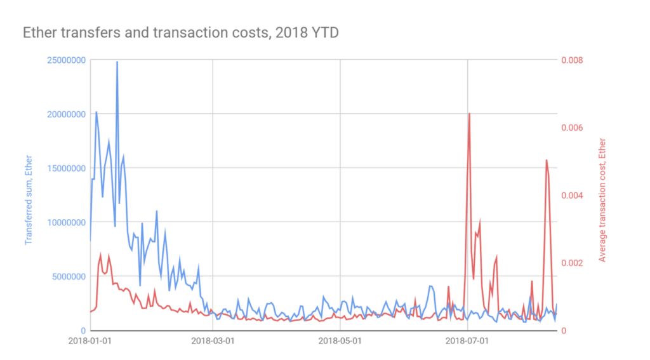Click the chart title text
point(180,32)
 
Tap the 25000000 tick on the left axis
point(66,60)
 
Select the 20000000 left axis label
point(66,114)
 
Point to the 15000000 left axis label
point(66,168)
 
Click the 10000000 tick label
point(66,223)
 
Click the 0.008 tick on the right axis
point(574,60)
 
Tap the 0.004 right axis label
point(574,196)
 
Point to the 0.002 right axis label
point(574,263)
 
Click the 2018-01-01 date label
point(90,341)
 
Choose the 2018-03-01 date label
point(213,341)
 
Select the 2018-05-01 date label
point(340,341)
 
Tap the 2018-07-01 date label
point(467,341)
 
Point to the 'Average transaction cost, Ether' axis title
point(602,200)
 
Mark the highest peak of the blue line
point(117,62)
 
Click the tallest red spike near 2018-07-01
point(469,114)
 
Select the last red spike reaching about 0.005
point(547,160)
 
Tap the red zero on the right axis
point(564,331)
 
